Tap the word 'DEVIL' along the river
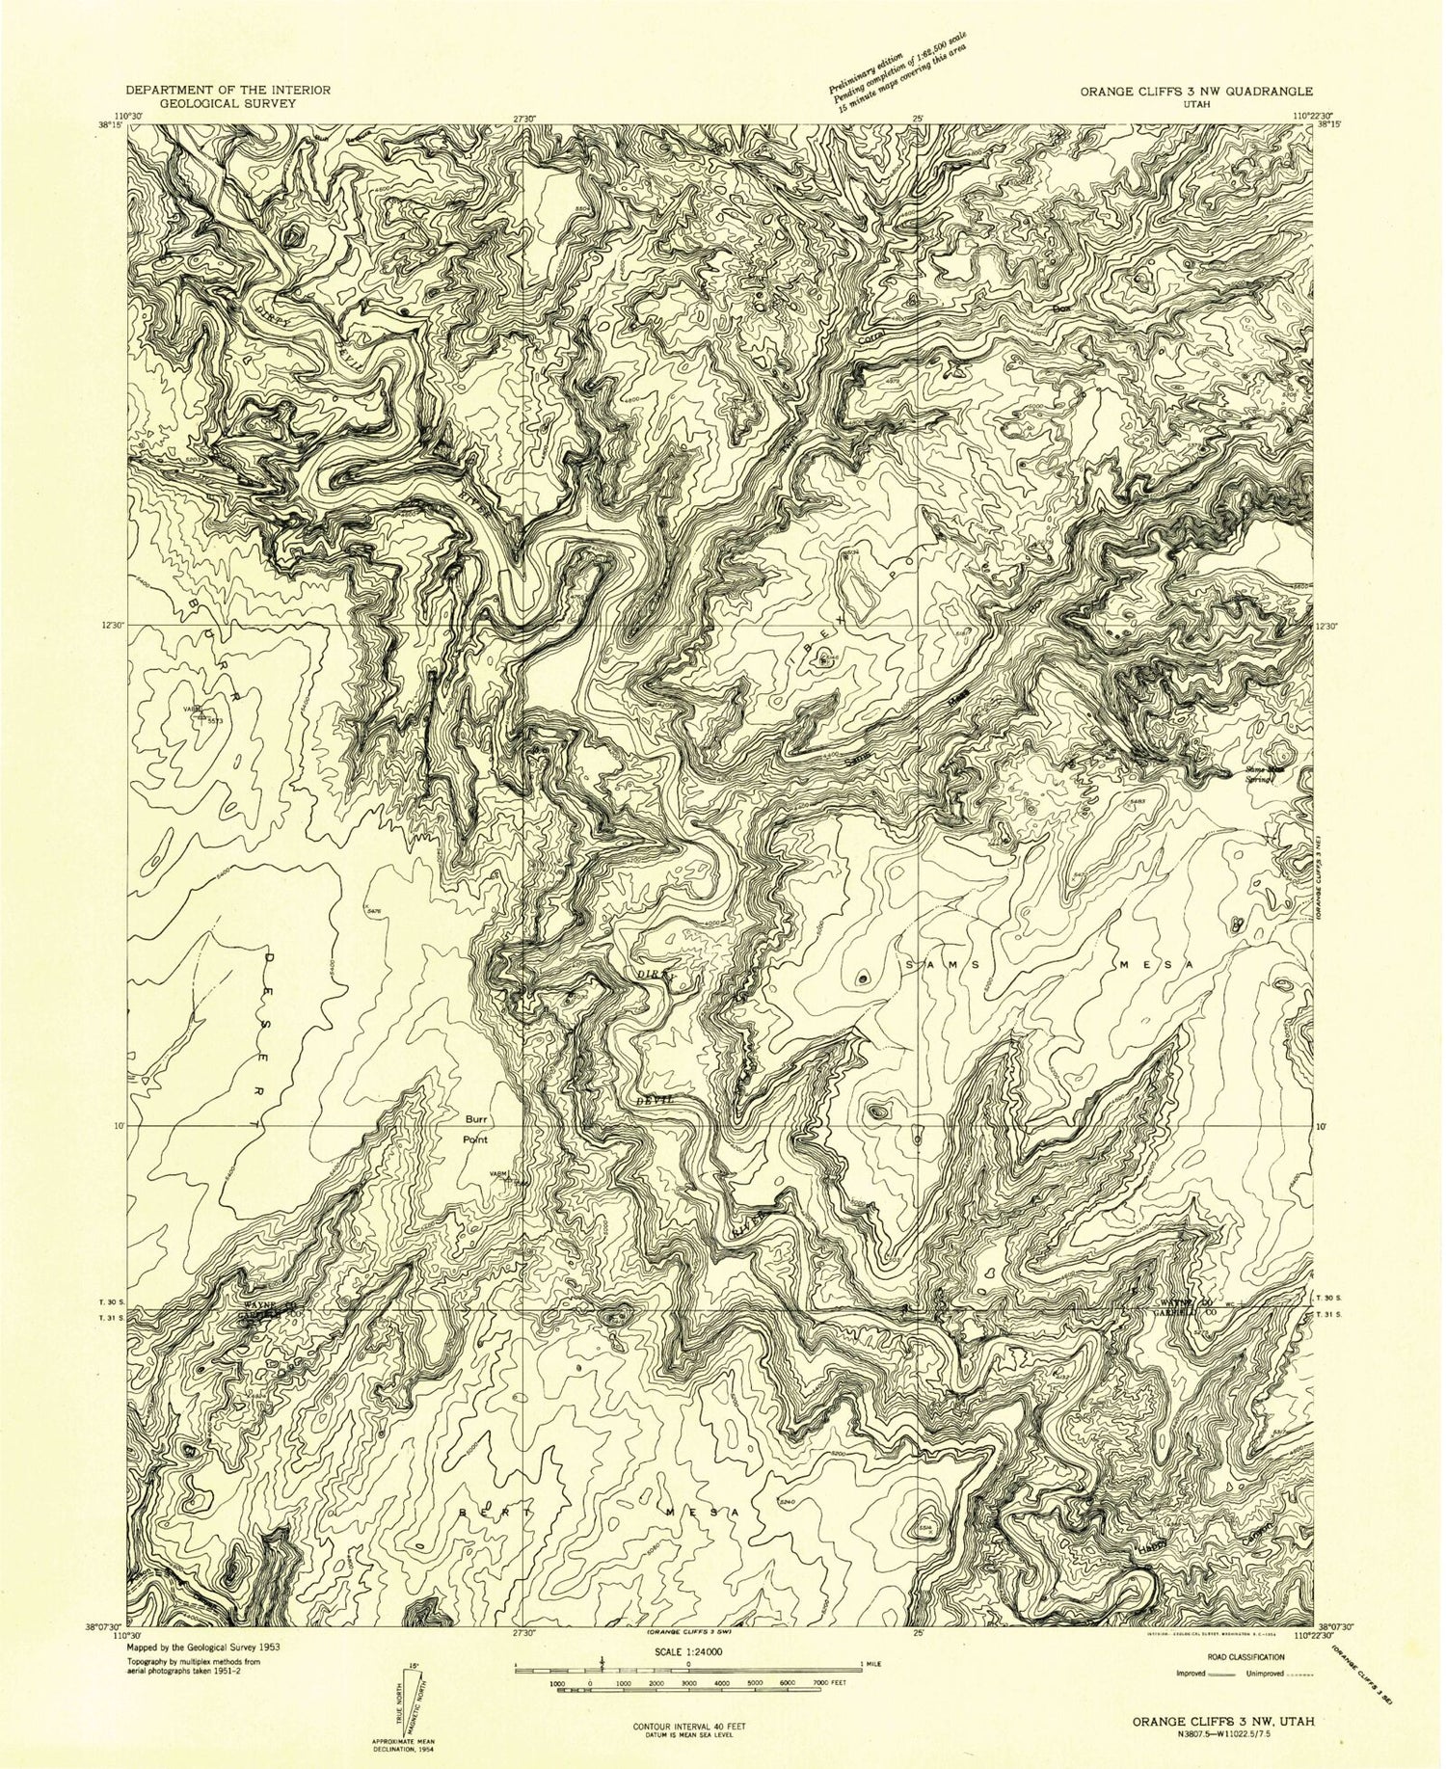[652, 1100]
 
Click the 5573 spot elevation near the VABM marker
[214, 720]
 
